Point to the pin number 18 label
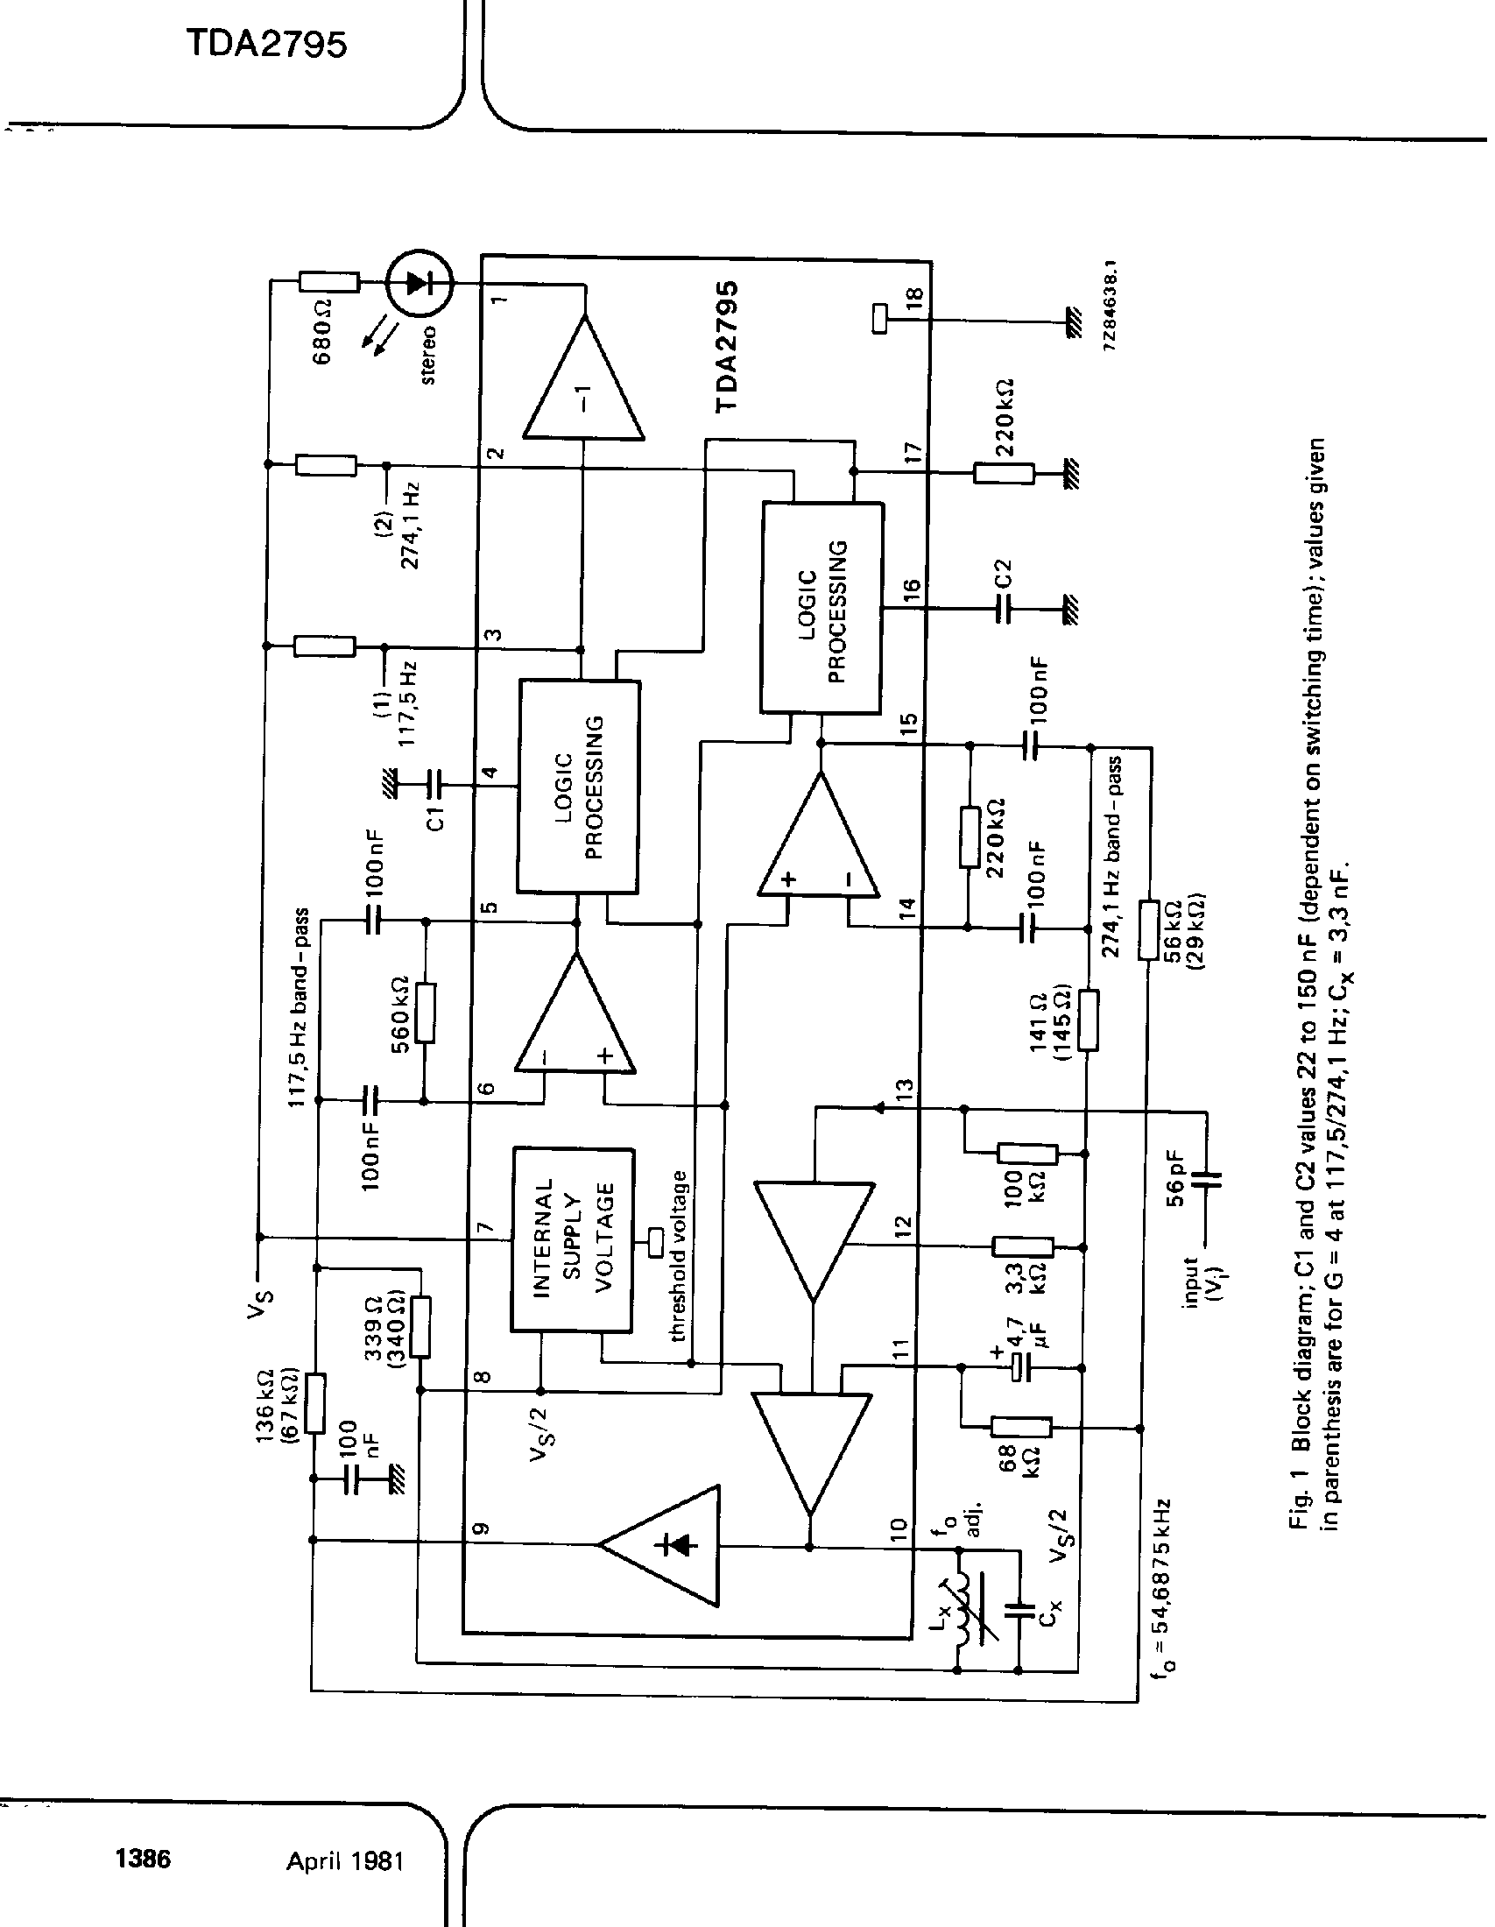pos(914,297)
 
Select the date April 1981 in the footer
pos(345,1860)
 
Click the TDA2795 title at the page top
pos(267,44)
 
